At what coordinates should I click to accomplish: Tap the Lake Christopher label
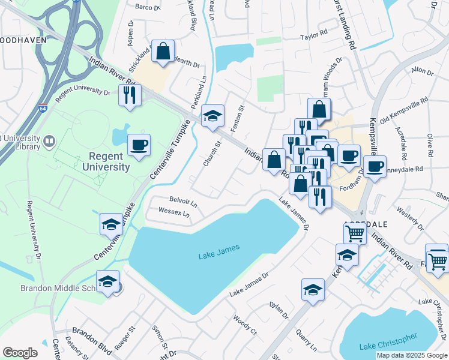click(388, 346)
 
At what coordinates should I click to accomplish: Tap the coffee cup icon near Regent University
click(139, 145)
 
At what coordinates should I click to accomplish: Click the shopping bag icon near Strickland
click(163, 52)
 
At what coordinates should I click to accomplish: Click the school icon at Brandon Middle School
click(107, 281)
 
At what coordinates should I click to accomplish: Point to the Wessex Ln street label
click(174, 212)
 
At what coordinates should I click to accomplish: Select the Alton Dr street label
click(422, 71)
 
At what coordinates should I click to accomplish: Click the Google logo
click(20, 353)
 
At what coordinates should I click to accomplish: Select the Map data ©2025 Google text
click(411, 355)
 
